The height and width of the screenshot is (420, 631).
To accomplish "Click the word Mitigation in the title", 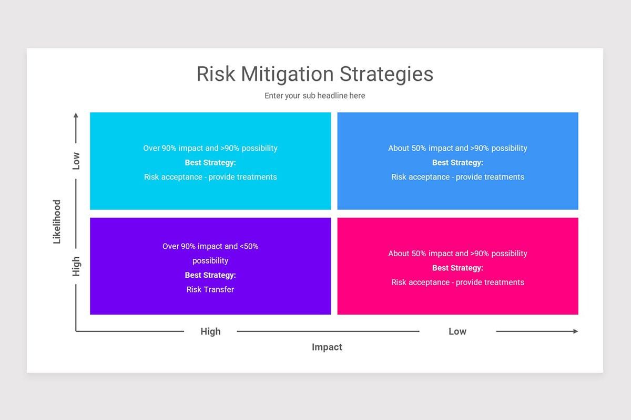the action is tap(288, 75).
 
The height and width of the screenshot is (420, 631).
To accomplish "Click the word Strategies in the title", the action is tap(386, 75).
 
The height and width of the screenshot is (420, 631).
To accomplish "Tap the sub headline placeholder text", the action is tap(314, 96).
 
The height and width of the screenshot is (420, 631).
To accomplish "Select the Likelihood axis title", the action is tap(57, 222).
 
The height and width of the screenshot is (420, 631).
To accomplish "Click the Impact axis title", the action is tap(327, 347).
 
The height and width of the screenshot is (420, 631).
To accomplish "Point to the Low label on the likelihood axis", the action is tap(76, 161).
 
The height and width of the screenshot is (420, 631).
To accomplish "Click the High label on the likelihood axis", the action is tap(76, 266).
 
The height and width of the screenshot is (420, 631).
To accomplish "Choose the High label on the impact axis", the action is tap(210, 331).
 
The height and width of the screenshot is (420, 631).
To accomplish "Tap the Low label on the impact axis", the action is tap(457, 331).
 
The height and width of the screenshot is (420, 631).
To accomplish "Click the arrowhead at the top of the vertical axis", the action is tap(76, 115).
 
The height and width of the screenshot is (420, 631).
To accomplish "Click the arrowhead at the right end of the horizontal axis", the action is tap(575, 331).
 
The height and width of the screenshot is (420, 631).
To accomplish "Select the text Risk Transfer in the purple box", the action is tap(210, 289).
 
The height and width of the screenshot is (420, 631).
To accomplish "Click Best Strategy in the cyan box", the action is tap(210, 163).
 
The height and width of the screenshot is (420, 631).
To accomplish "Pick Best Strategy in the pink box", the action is tap(458, 268).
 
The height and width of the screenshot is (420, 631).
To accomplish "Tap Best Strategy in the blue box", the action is tap(458, 163).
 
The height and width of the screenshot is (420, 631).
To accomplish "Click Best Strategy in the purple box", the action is tap(210, 275).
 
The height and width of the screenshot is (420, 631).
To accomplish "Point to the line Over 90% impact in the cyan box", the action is tap(210, 148).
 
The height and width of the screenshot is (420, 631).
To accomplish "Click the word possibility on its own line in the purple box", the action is tap(210, 261).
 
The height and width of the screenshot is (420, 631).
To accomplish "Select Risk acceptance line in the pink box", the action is tap(458, 282).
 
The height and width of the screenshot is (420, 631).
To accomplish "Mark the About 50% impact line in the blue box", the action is tap(458, 148).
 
